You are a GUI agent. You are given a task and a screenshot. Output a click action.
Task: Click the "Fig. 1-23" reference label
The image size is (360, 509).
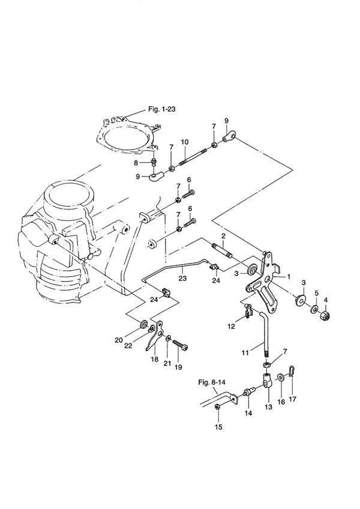161,109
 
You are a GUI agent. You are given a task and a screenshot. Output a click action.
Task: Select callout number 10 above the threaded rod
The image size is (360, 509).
185,142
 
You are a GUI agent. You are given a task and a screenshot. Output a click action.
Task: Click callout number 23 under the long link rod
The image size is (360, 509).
182,278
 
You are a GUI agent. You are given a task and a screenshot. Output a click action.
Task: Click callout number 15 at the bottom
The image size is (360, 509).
219,427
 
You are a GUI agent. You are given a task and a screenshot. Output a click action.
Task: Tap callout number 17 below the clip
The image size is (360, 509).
292,399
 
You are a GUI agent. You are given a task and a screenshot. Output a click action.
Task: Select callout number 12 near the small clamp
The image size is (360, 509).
231,327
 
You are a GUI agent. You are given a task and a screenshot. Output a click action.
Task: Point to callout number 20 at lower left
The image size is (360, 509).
118,340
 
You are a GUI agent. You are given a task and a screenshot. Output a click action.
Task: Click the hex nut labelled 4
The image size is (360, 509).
325,315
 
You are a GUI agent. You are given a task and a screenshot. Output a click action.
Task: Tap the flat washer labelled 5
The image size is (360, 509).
314,309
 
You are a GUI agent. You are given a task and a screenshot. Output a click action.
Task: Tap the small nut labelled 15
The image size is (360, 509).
218,407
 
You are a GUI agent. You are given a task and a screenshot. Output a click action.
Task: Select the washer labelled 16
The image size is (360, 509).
280,378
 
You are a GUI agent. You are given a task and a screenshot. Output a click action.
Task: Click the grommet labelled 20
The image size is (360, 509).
143,325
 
